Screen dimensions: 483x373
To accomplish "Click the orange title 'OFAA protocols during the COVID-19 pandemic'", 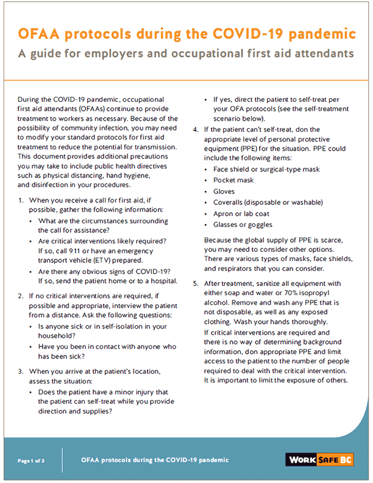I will coord(187,32).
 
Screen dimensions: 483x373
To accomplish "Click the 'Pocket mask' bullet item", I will coord(233,181).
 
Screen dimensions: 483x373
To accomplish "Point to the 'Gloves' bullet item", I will coord(224,191).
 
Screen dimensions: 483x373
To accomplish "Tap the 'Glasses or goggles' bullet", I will coord(243,224).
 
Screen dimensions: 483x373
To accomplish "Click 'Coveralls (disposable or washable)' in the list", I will coord(268,202).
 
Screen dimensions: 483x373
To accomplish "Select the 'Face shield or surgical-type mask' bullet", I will coord(266,170).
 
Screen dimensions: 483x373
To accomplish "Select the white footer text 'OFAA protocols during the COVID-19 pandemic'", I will coord(155,460).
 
